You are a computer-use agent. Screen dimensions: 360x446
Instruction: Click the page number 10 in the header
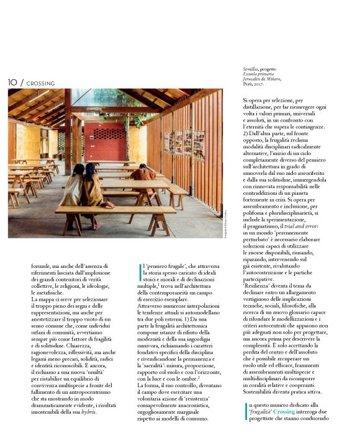click(12, 82)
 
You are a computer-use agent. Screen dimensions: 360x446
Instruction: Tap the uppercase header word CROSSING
click(41, 83)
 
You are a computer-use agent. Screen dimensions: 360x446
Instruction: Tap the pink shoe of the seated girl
click(96, 227)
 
